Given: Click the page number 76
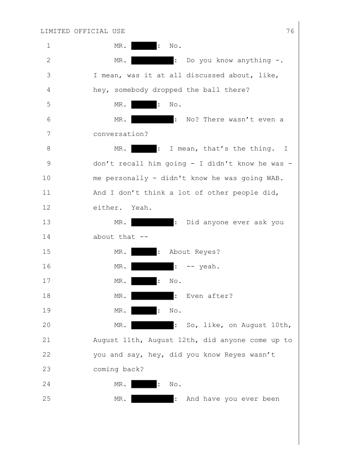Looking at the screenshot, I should (290, 31).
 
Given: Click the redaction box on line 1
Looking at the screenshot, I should (144, 45).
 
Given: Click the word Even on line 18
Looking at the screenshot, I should (195, 296).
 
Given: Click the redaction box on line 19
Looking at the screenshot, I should (144, 310).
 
